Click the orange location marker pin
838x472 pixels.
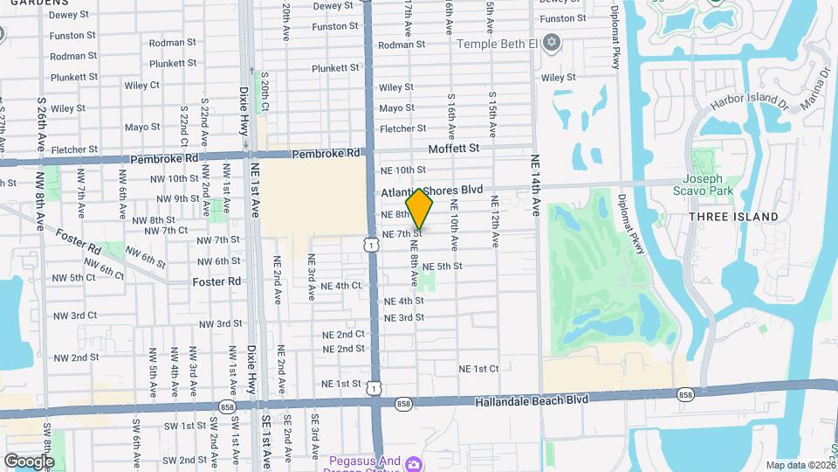(x=420, y=208)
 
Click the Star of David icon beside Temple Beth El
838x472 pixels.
(x=551, y=42)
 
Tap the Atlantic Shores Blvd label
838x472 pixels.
(x=432, y=190)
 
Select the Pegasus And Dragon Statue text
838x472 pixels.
(x=365, y=462)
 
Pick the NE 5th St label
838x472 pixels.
(x=442, y=267)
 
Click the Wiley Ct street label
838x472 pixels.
(x=141, y=86)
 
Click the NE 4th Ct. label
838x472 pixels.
(x=341, y=286)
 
